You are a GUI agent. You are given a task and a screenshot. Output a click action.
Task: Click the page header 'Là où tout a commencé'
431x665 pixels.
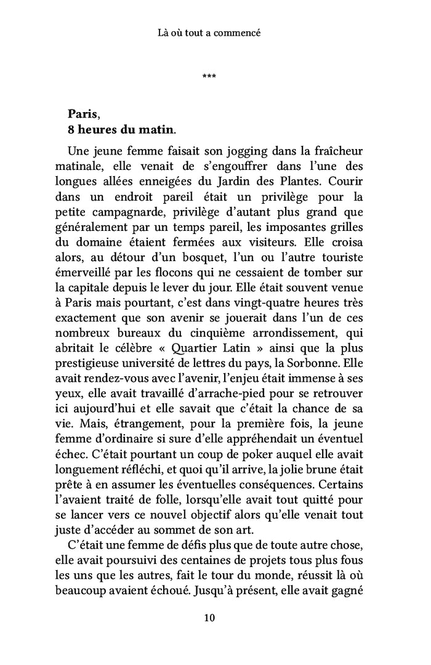point(209,33)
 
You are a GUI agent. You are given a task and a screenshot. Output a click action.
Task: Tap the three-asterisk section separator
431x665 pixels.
point(209,76)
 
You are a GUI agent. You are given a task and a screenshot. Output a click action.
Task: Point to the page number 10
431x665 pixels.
point(209,618)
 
